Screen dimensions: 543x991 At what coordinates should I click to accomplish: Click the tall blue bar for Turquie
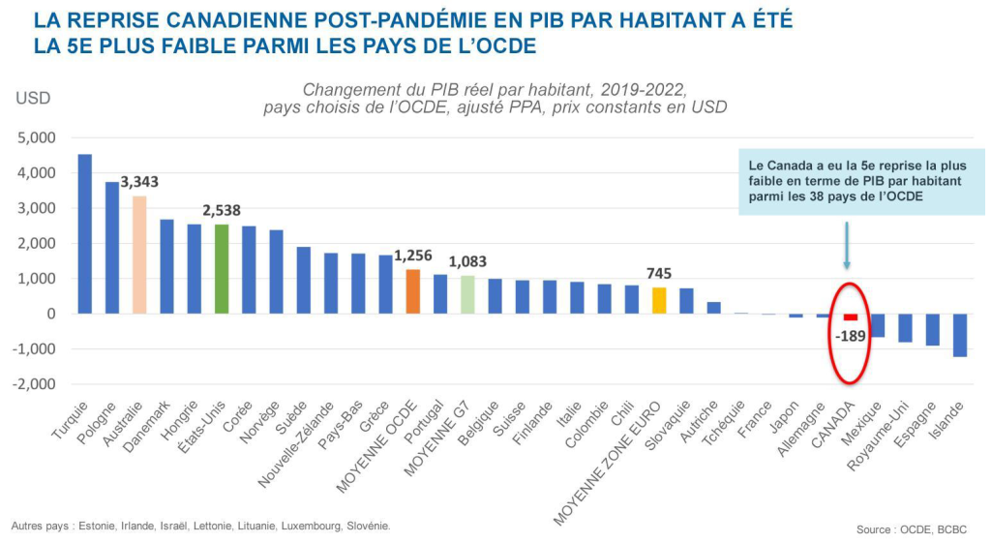[x=85, y=233]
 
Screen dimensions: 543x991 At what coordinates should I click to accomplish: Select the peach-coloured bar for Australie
[x=139, y=255]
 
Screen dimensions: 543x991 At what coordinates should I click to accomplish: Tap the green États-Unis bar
[x=222, y=269]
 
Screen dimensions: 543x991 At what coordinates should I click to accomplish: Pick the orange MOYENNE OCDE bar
[x=413, y=291]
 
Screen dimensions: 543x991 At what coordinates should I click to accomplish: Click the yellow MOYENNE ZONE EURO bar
[x=659, y=300]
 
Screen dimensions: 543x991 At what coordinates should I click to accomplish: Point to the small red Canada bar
[x=851, y=317]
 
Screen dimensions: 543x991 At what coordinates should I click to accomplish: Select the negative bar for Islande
[x=960, y=335]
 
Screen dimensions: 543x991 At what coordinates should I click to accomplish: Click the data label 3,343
[x=139, y=182]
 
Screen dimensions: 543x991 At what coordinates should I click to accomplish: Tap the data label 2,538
[x=222, y=210]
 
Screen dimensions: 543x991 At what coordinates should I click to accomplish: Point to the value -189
[x=851, y=336]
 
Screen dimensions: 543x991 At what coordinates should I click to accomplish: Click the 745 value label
[x=659, y=273]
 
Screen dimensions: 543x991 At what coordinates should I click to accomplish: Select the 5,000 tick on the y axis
[x=37, y=137]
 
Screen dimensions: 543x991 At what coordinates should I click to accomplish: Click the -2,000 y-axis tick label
[x=35, y=384]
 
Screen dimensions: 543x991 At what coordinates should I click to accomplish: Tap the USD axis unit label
[x=32, y=98]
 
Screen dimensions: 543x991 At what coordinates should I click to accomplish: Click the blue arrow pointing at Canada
[x=847, y=246]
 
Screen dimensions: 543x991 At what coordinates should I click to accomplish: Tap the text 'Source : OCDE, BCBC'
[x=911, y=529]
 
